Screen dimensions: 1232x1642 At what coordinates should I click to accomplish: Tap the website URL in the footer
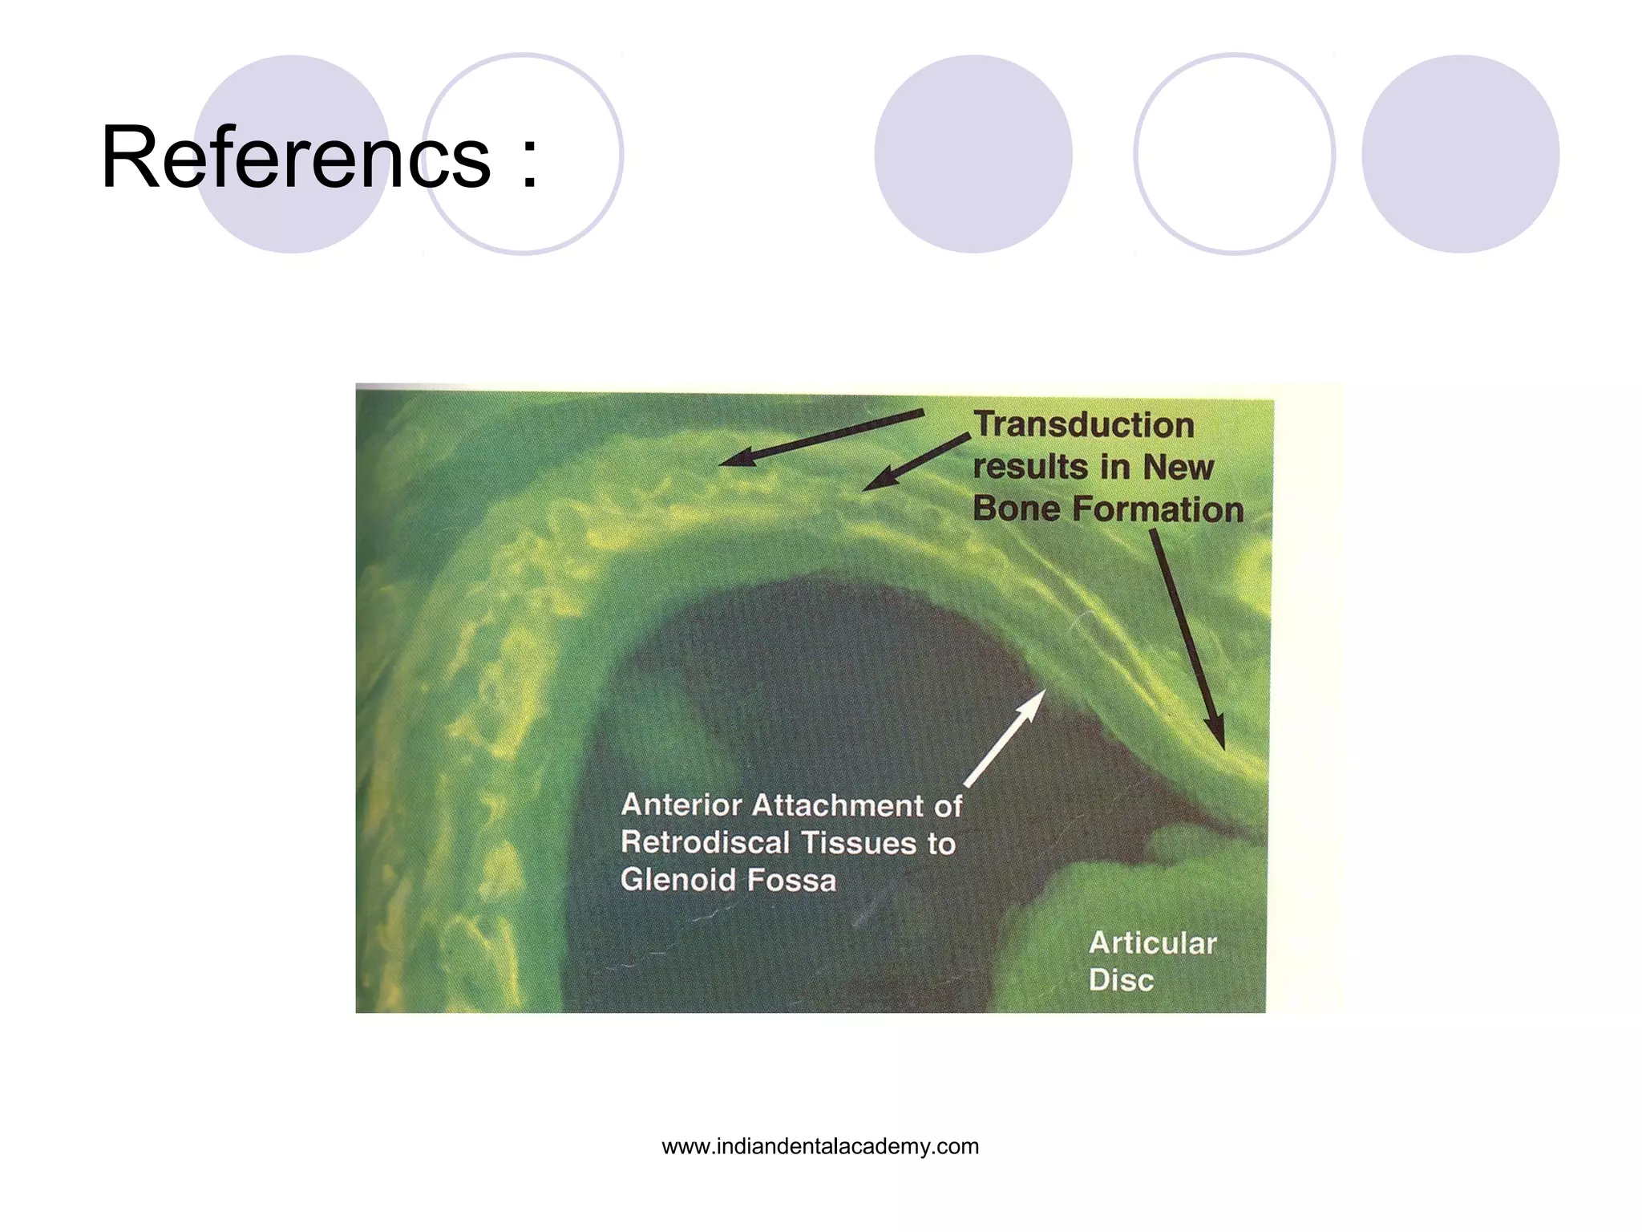pyautogui.click(x=820, y=1146)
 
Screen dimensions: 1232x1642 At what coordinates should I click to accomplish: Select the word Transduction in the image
pyautogui.click(x=1084, y=425)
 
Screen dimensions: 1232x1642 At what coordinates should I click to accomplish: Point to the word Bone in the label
pyautogui.click(x=1017, y=509)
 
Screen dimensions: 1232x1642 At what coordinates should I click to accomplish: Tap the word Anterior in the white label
pyautogui.click(x=681, y=804)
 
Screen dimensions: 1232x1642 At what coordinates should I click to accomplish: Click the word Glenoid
pyautogui.click(x=678, y=880)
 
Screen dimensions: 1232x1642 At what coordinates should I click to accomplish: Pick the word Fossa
pyautogui.click(x=791, y=881)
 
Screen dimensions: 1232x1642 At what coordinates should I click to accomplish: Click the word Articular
pyautogui.click(x=1152, y=943)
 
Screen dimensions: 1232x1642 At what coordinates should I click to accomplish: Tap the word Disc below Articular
pyautogui.click(x=1121, y=980)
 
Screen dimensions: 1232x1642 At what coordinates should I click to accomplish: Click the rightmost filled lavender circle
pyautogui.click(x=1460, y=154)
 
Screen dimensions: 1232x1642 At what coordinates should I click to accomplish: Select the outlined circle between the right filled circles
pyautogui.click(x=1234, y=154)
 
